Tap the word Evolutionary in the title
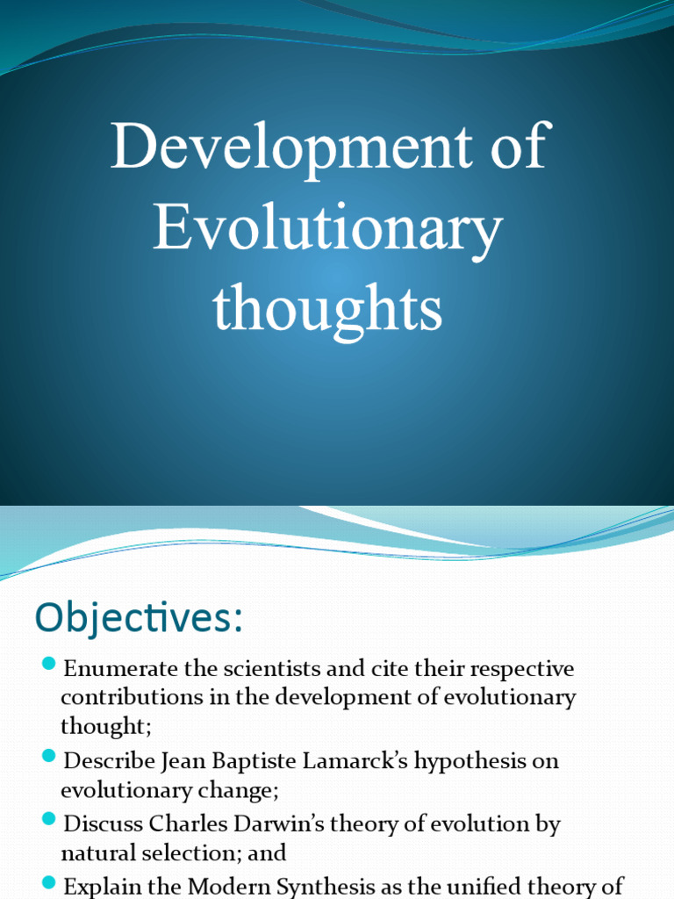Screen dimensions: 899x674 [x=327, y=230]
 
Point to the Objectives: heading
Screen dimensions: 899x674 [x=138, y=618]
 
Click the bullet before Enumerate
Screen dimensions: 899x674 [x=49, y=664]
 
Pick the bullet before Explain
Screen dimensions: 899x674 [x=49, y=882]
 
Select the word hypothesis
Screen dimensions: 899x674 [x=472, y=760]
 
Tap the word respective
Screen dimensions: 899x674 [x=522, y=669]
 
